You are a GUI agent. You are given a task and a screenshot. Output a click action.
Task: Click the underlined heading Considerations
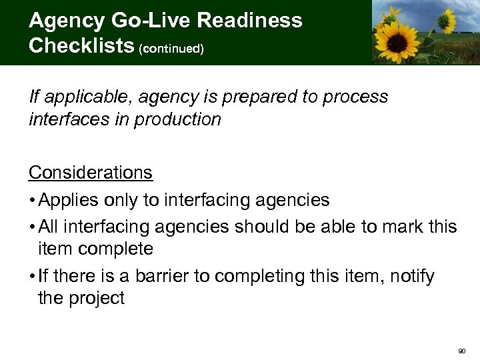click(x=91, y=173)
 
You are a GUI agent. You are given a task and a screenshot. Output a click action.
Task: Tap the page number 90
click(x=463, y=350)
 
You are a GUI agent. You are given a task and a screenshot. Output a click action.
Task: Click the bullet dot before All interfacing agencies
click(x=32, y=227)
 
